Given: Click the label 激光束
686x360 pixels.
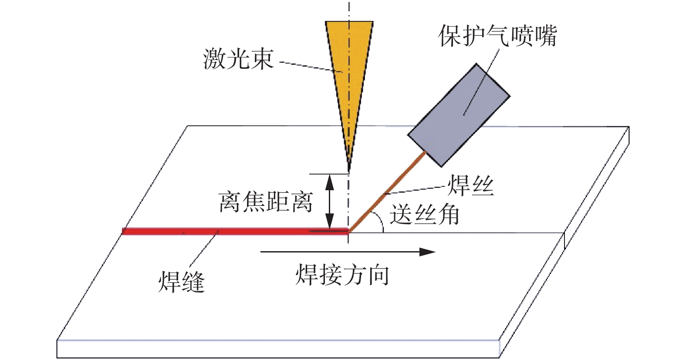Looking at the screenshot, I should tap(238, 59).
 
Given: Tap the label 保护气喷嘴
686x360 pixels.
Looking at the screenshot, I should tap(497, 35).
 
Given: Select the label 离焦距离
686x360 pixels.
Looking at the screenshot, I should tap(266, 202).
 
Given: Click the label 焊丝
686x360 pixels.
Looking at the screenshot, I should tap(471, 186).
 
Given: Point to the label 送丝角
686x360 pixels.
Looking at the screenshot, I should tap(425, 215).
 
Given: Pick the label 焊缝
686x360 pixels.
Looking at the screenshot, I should tap(181, 282).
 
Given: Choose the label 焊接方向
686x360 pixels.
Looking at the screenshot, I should tap(342, 275).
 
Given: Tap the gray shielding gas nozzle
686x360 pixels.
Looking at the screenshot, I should tap(459, 115).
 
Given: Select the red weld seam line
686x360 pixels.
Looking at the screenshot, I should tap(235, 231).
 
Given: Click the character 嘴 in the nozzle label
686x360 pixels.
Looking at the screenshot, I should tap(545, 35).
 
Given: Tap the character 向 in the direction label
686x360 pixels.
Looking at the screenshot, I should tap(378, 275).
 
